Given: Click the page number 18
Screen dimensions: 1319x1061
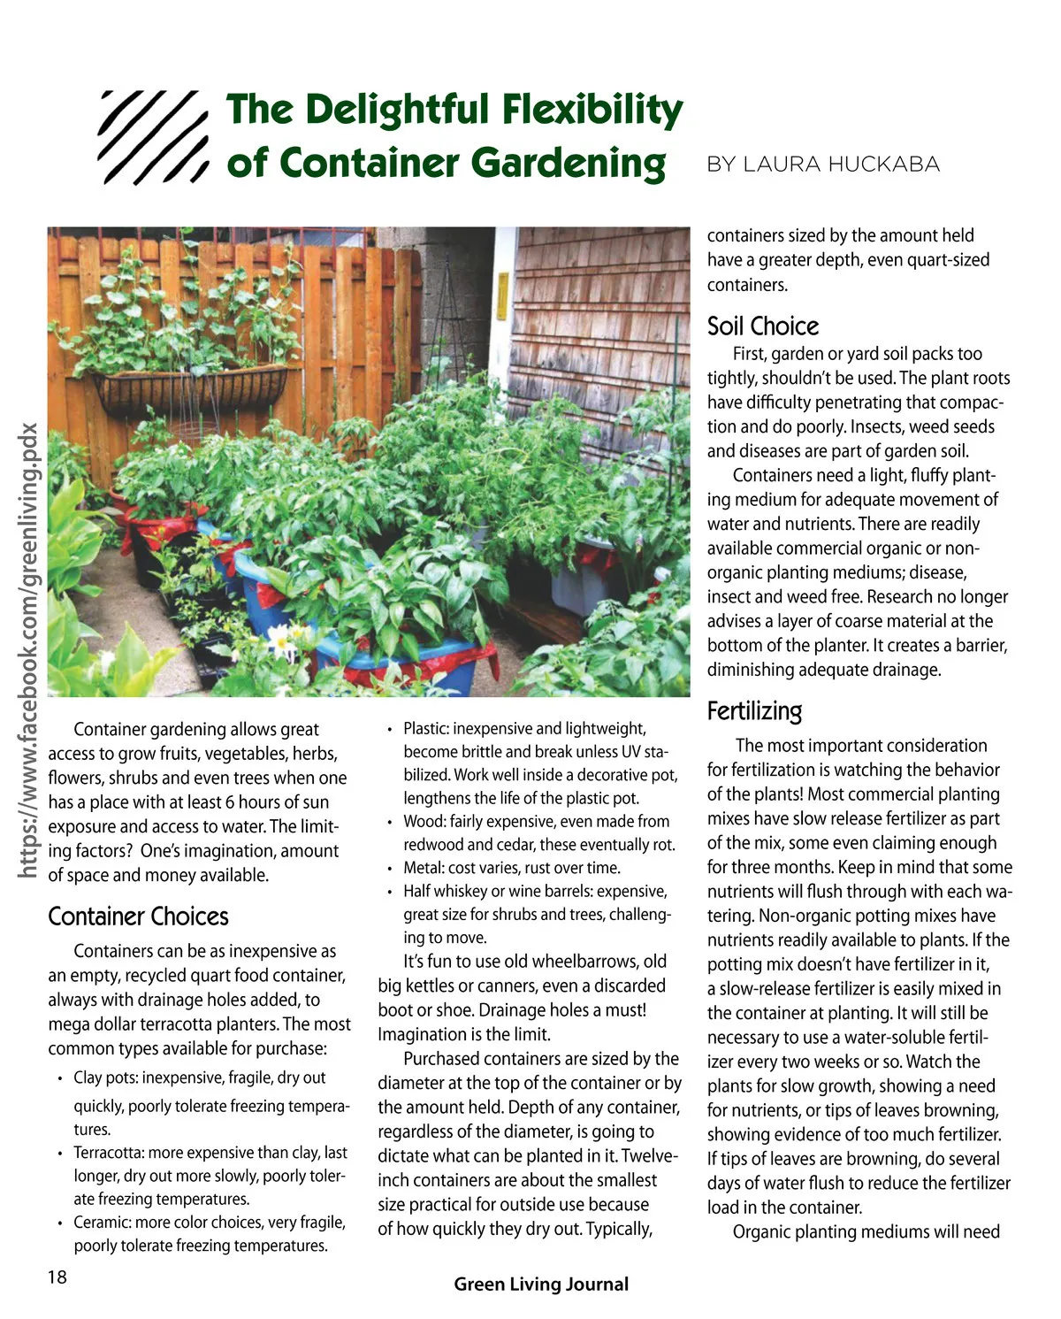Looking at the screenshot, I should (x=57, y=1277).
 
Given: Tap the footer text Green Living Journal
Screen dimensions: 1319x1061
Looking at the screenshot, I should (x=541, y=1284).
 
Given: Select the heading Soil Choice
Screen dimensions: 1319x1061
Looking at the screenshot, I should (x=762, y=326).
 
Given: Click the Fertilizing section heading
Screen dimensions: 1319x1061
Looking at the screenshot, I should (x=754, y=711).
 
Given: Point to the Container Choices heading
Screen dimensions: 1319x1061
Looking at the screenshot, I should (x=138, y=916).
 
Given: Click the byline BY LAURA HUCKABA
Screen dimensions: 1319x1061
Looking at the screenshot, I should (x=823, y=165).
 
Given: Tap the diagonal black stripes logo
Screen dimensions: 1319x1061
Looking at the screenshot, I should (x=153, y=137).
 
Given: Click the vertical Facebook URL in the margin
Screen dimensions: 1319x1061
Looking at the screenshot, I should (x=29, y=651).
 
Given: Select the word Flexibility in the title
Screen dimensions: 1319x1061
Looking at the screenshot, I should (x=592, y=111).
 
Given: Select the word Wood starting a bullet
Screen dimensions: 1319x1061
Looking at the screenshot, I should (x=423, y=822).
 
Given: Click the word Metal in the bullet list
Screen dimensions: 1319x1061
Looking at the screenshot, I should (x=423, y=868).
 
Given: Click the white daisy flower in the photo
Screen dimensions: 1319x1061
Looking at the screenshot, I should (x=283, y=640).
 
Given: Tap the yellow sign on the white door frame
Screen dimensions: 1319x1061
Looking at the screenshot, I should (x=502, y=297).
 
